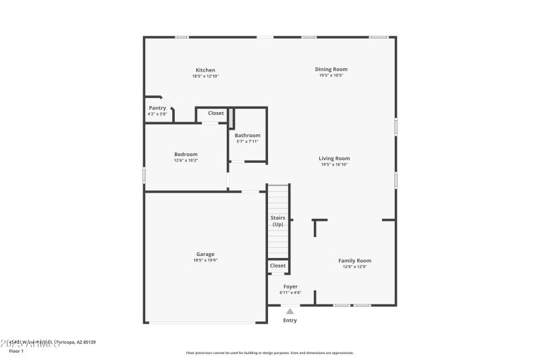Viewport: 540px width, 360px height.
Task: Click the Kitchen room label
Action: tap(205, 70)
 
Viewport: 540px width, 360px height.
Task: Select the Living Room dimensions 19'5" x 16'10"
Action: tap(334, 164)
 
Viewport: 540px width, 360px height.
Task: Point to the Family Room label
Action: tap(354, 261)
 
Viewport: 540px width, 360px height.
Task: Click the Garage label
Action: tap(205, 254)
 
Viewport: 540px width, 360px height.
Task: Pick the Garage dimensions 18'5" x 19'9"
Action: tap(205, 260)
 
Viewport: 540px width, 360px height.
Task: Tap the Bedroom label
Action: tap(186, 154)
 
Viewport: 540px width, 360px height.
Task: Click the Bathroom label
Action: tap(247, 135)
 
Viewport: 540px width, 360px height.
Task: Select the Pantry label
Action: tap(157, 108)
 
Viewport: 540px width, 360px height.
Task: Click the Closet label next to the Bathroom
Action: tap(215, 113)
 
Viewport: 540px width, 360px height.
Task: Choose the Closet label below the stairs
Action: tap(277, 266)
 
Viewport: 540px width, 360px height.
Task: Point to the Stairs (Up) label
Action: tap(277, 221)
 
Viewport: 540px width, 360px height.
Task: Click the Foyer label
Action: tap(290, 286)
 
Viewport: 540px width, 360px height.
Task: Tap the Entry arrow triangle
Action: tap(290, 311)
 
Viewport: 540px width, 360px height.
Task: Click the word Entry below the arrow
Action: tap(290, 320)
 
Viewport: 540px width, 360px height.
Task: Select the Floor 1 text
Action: tap(16, 351)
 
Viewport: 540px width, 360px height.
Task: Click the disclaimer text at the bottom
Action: tap(269, 353)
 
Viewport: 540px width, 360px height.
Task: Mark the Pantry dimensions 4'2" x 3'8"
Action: tap(157, 114)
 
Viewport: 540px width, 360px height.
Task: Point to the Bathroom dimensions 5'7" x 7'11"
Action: tap(247, 141)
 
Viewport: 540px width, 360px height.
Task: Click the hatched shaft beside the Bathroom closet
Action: tap(230, 118)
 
